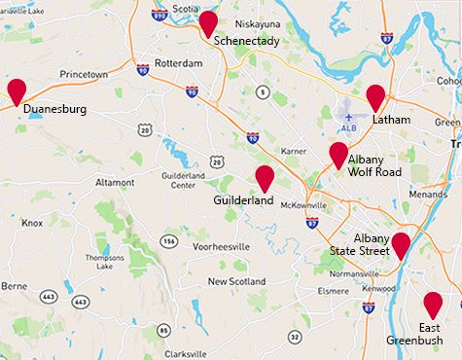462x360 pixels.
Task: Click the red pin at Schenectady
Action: (x=208, y=24)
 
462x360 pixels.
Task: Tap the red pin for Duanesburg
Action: (x=17, y=91)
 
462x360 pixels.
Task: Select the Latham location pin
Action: (x=375, y=98)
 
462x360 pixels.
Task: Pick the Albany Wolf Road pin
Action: (x=338, y=155)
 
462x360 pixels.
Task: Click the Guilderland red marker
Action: (x=264, y=178)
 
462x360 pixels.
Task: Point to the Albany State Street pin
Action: (x=400, y=245)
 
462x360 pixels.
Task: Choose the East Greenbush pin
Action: (x=433, y=305)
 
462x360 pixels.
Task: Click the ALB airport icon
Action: (x=349, y=115)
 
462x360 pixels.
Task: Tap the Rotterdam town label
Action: (x=178, y=62)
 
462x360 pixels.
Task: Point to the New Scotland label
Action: (x=236, y=281)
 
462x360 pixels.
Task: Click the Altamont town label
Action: (x=115, y=182)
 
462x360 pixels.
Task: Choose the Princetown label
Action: (x=84, y=74)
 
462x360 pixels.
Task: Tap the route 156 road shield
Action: (x=169, y=240)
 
